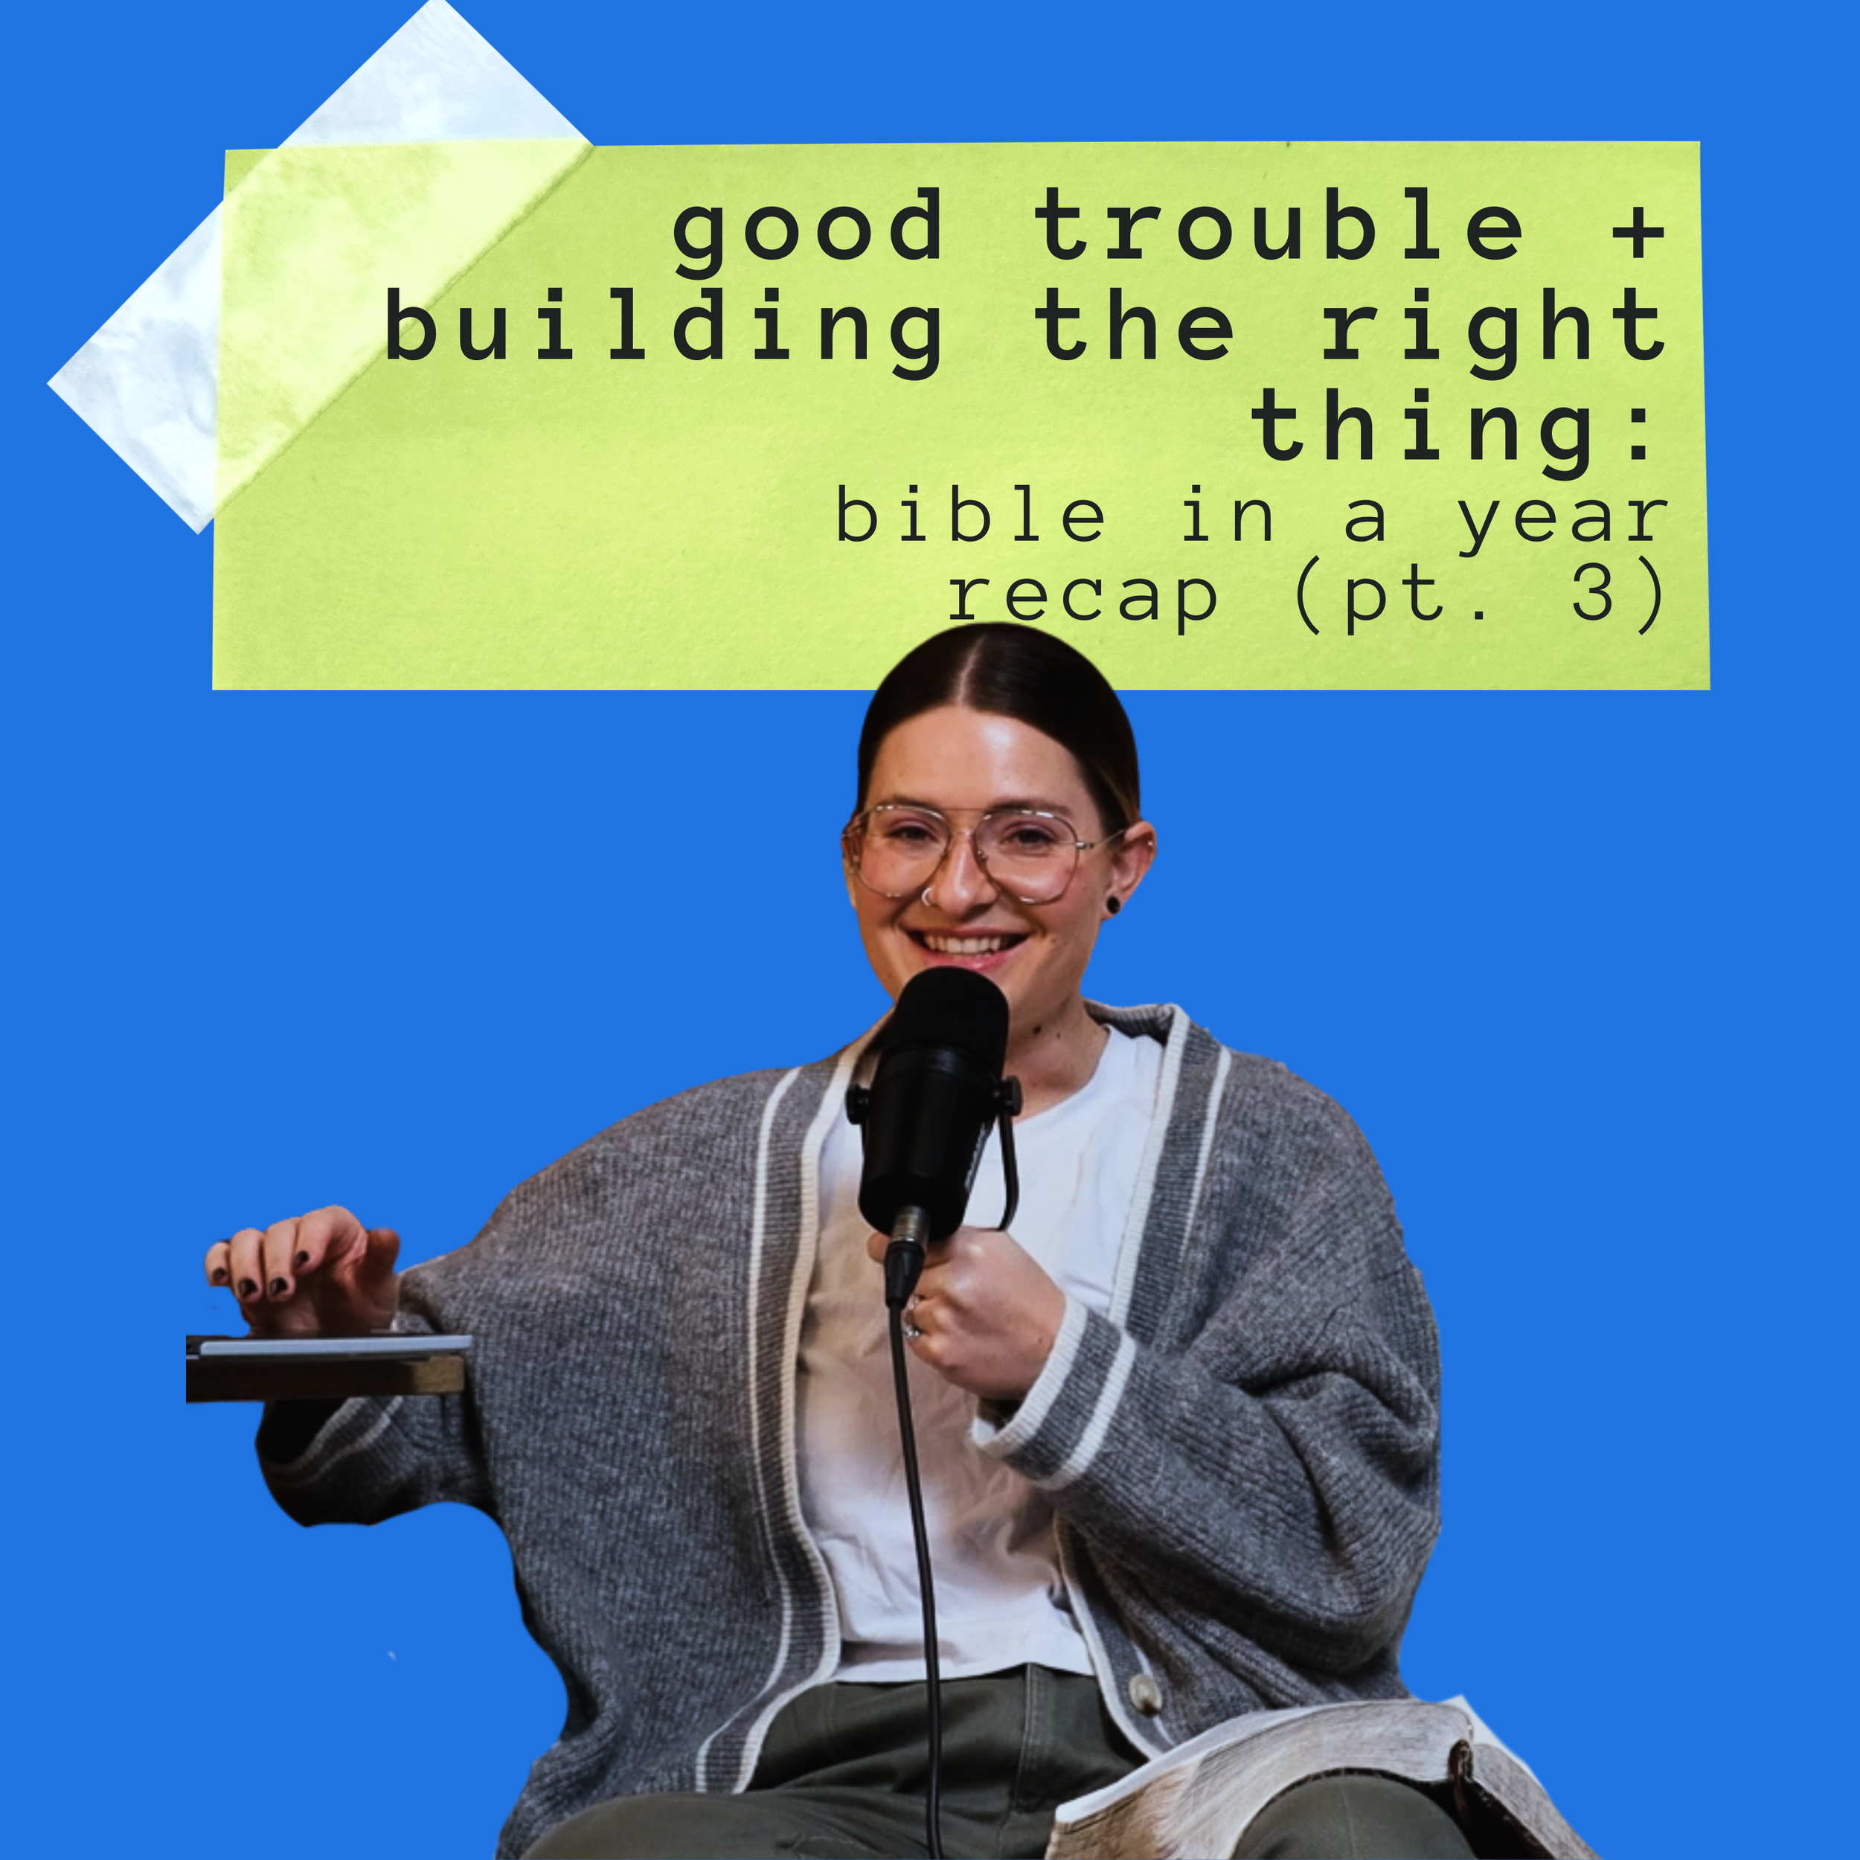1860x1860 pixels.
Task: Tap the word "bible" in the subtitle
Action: pos(969,515)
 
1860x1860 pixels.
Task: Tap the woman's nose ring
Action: pos(926,897)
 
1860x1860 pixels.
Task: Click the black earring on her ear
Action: pos(1113,904)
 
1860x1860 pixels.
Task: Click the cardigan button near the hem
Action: pos(1144,1690)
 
